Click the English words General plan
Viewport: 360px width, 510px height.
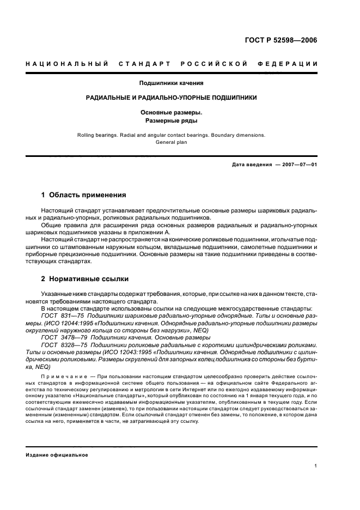[x=172, y=142]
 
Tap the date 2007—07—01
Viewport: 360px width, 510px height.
[x=300, y=165]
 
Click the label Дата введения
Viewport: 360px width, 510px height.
[x=252, y=165]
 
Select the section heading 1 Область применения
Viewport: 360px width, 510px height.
[x=84, y=195]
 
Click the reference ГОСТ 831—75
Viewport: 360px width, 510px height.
[x=59, y=315]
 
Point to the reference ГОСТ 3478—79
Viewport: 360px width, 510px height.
[x=60, y=337]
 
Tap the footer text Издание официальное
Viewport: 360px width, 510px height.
[x=57, y=455]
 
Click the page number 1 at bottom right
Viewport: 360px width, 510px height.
[x=315, y=466]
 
